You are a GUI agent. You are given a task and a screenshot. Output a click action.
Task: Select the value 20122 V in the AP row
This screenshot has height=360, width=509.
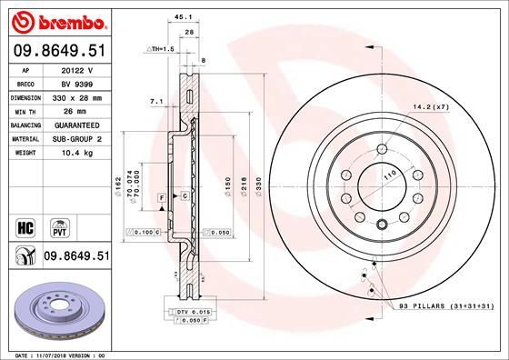pyautogui.click(x=77, y=69)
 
